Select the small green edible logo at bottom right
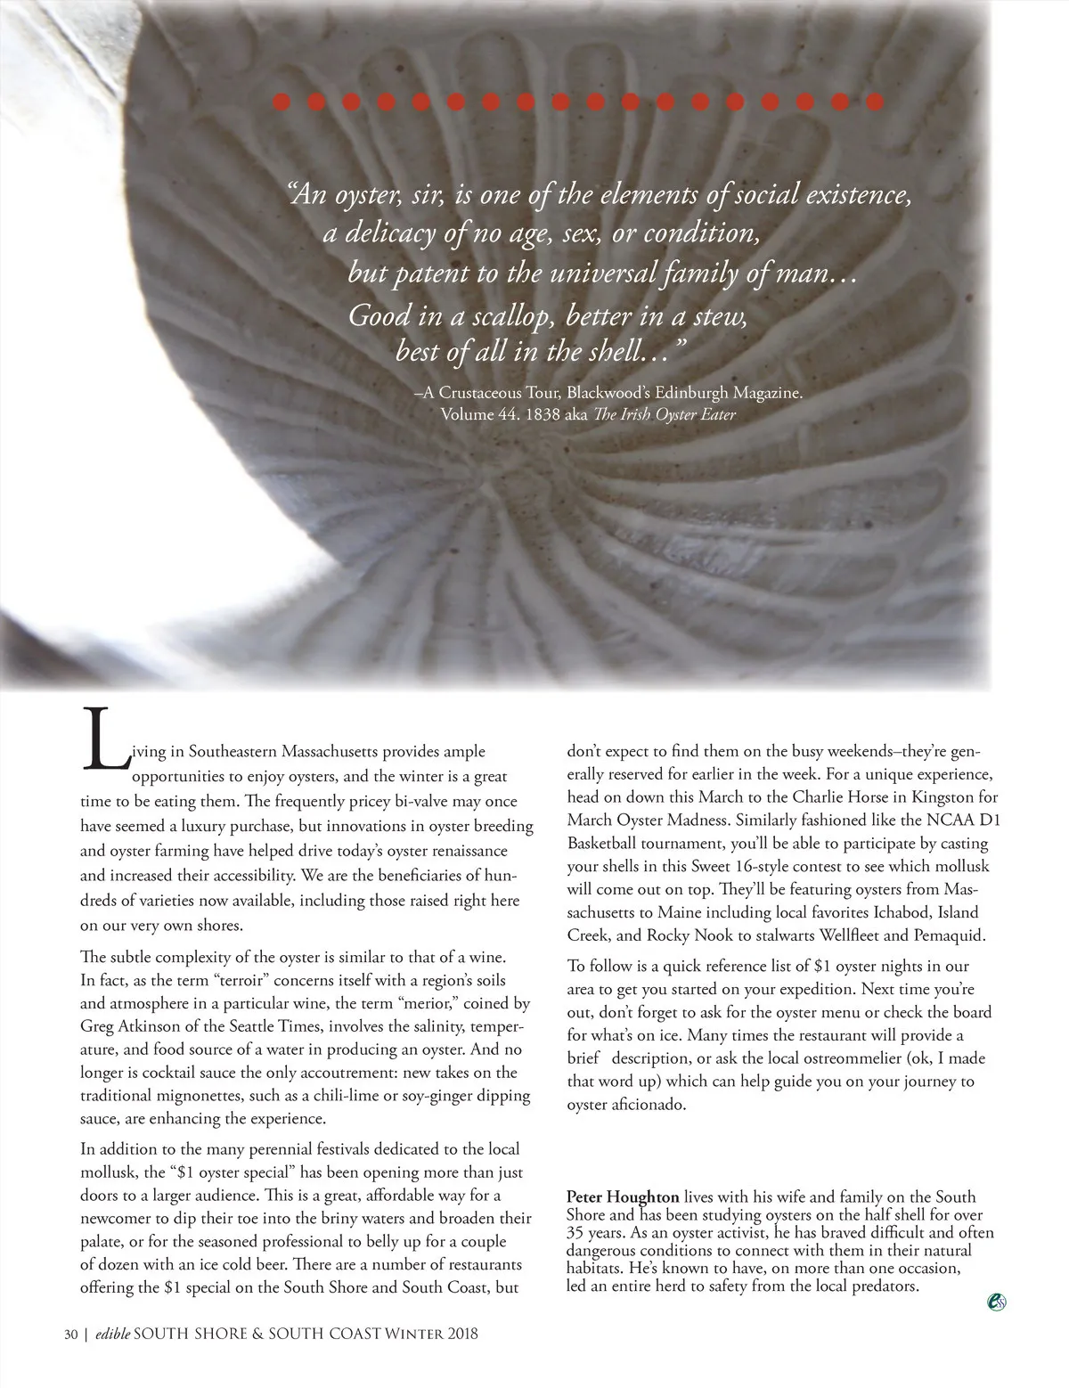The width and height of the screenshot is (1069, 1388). coord(997,1302)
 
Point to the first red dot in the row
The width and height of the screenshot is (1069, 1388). coord(282,101)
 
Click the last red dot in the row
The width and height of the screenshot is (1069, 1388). coord(875,101)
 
